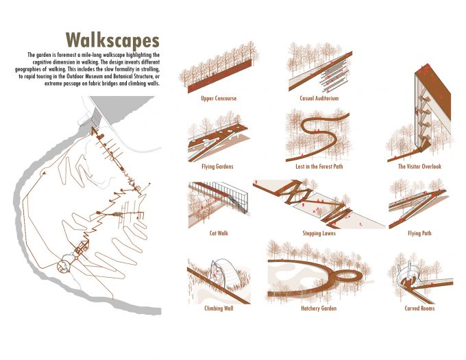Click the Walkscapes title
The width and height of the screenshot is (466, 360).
coord(112,40)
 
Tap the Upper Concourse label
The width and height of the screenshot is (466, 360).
coord(219,98)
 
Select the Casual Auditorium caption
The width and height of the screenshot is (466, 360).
coord(319,98)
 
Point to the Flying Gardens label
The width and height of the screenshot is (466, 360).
coord(217,167)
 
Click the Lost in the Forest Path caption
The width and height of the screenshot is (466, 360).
coord(319,167)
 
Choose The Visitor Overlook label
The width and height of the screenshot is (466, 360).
coord(419,167)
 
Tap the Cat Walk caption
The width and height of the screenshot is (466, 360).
coord(219,233)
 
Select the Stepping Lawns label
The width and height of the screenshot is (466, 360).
coord(319,233)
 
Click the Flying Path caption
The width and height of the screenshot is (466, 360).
coord(419,233)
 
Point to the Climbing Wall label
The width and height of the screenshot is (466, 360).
coord(219,309)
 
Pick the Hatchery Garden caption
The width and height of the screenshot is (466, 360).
coord(319,309)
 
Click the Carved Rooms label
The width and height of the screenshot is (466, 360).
coord(419,309)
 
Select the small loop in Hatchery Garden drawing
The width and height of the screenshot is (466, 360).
coord(347,276)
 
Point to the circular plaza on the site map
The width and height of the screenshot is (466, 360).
coord(64,266)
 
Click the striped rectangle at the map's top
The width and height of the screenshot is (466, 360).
coord(96,117)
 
